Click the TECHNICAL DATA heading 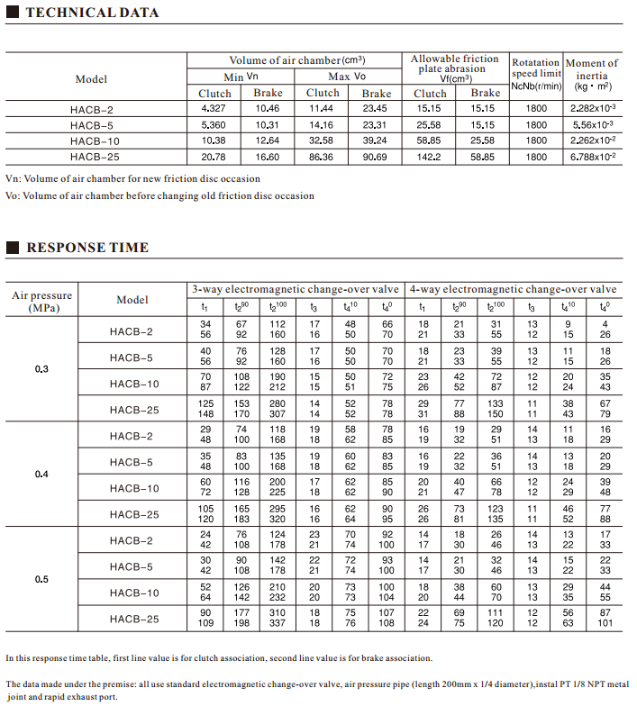point(92,13)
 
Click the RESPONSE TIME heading point(87,248)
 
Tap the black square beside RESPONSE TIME point(13,248)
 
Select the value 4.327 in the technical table point(214,109)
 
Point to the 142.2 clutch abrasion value point(430,157)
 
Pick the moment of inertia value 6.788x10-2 point(593,157)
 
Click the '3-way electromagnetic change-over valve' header point(296,289)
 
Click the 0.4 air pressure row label point(41,474)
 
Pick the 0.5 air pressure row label point(41,579)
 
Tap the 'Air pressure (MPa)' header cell point(42,302)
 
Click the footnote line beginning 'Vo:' point(159,195)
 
